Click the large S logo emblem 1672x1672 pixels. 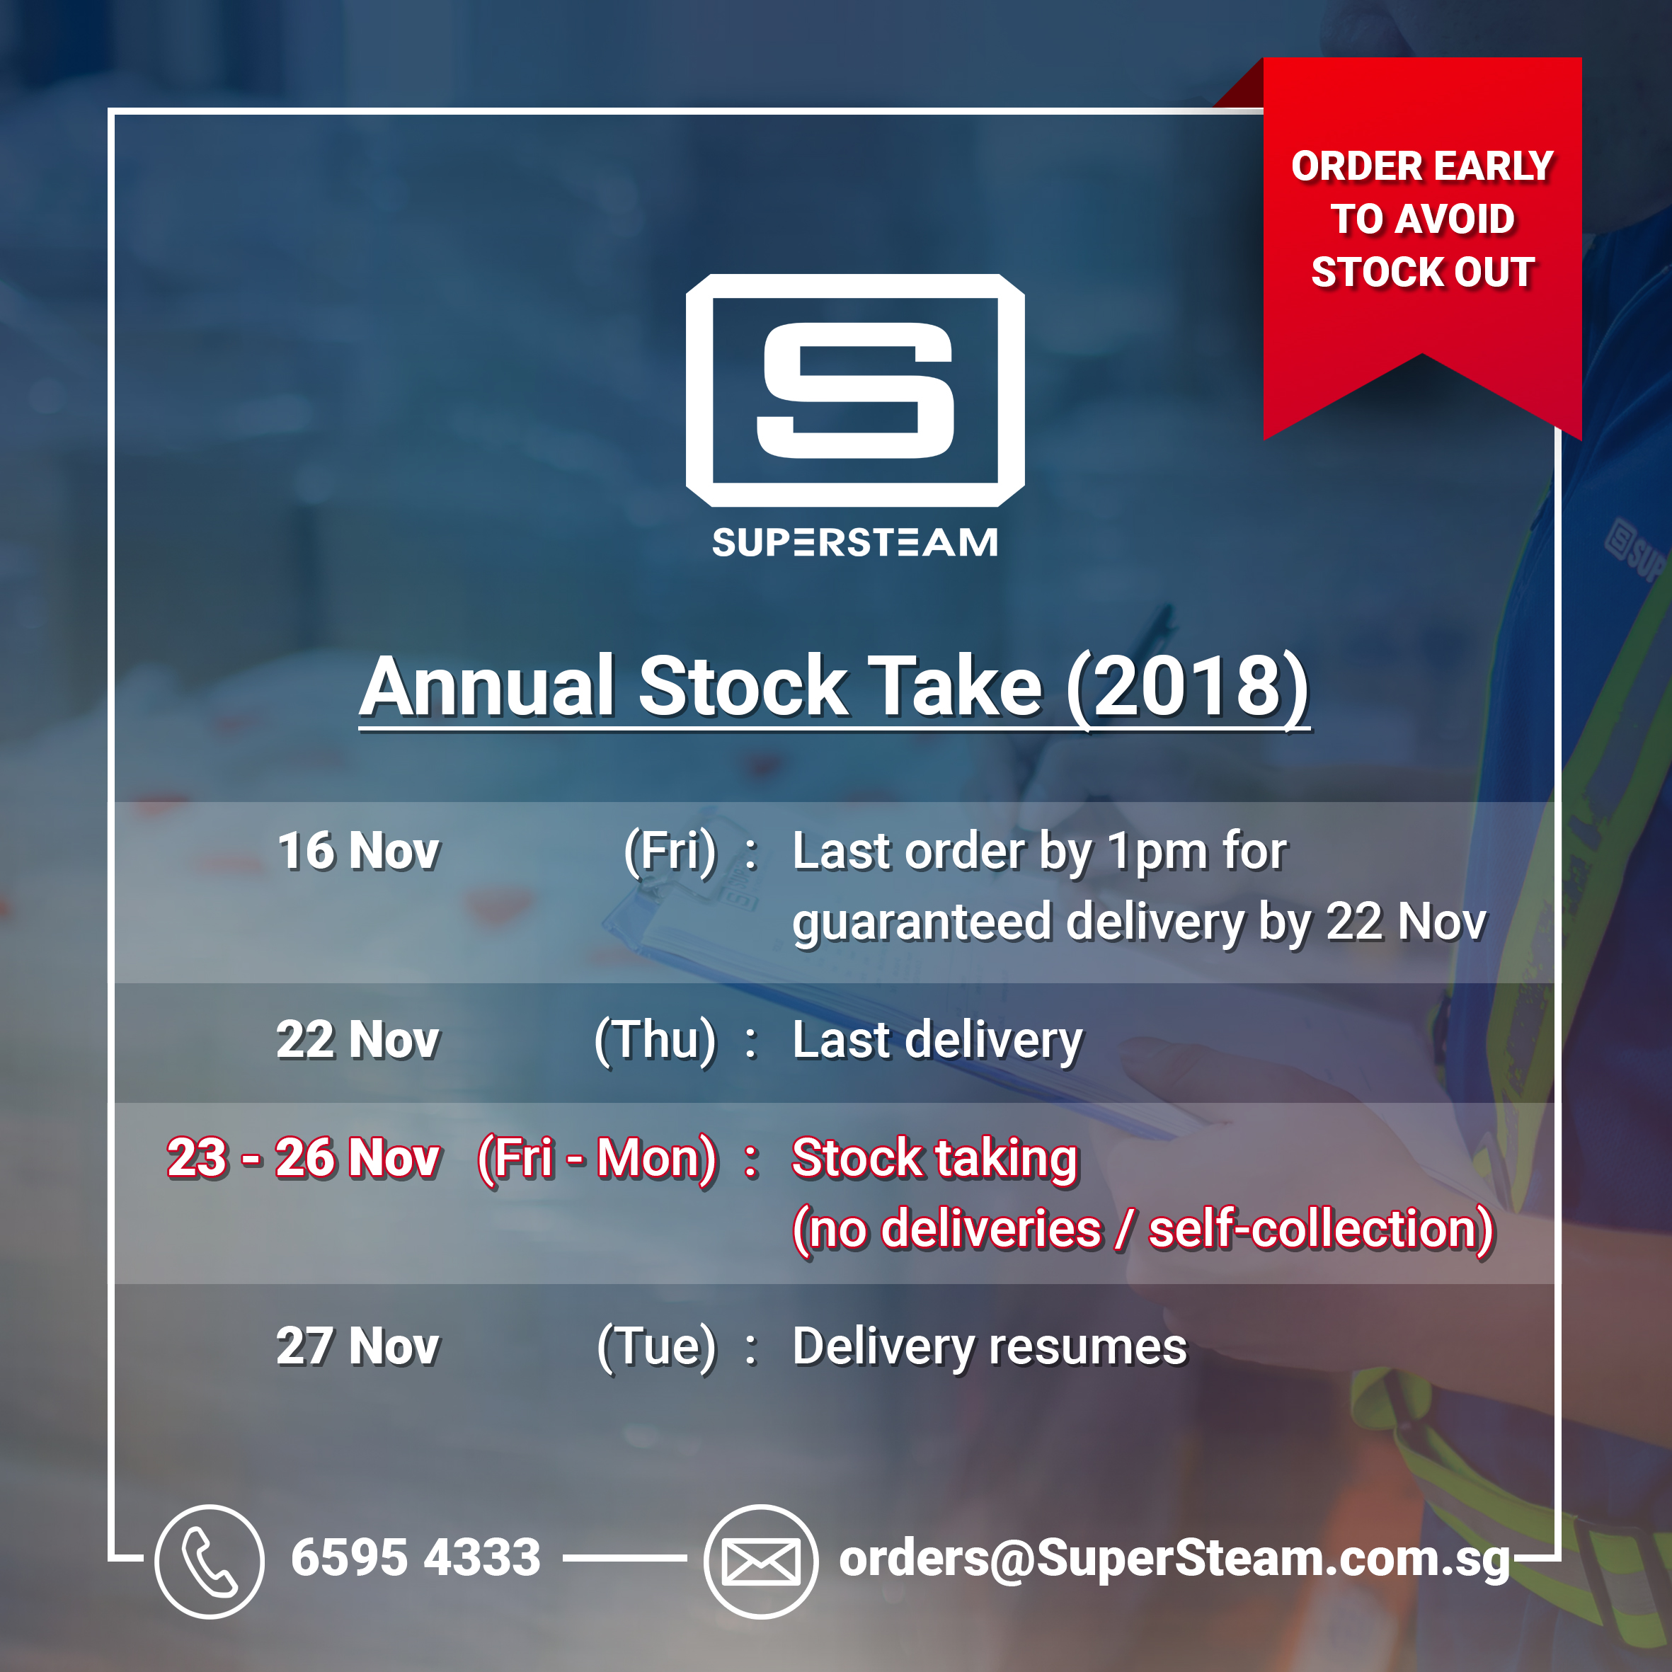click(x=855, y=390)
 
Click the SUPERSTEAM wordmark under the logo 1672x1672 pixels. click(x=855, y=543)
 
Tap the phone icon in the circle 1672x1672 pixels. click(x=210, y=1562)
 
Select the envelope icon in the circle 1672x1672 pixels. click(x=761, y=1562)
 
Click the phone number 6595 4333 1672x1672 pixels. click(x=416, y=1558)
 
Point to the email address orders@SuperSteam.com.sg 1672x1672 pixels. click(x=1174, y=1559)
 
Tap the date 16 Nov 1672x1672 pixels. click(x=358, y=851)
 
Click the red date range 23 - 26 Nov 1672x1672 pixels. click(x=304, y=1158)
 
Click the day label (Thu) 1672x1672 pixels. click(x=656, y=1041)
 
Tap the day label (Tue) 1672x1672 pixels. click(x=657, y=1348)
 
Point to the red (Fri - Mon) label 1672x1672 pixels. click(x=597, y=1159)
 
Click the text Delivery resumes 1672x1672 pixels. click(x=990, y=1349)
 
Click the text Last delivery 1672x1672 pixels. click(x=938, y=1041)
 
